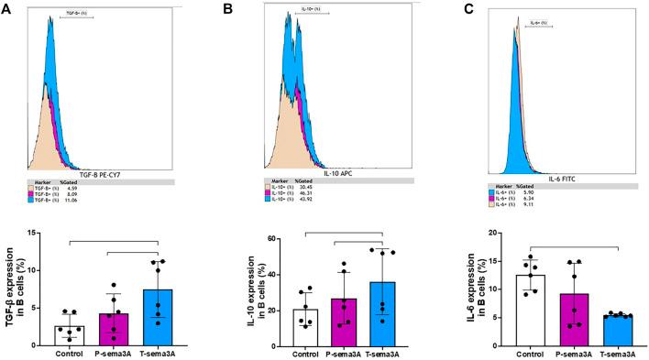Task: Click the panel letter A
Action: point(8,11)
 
